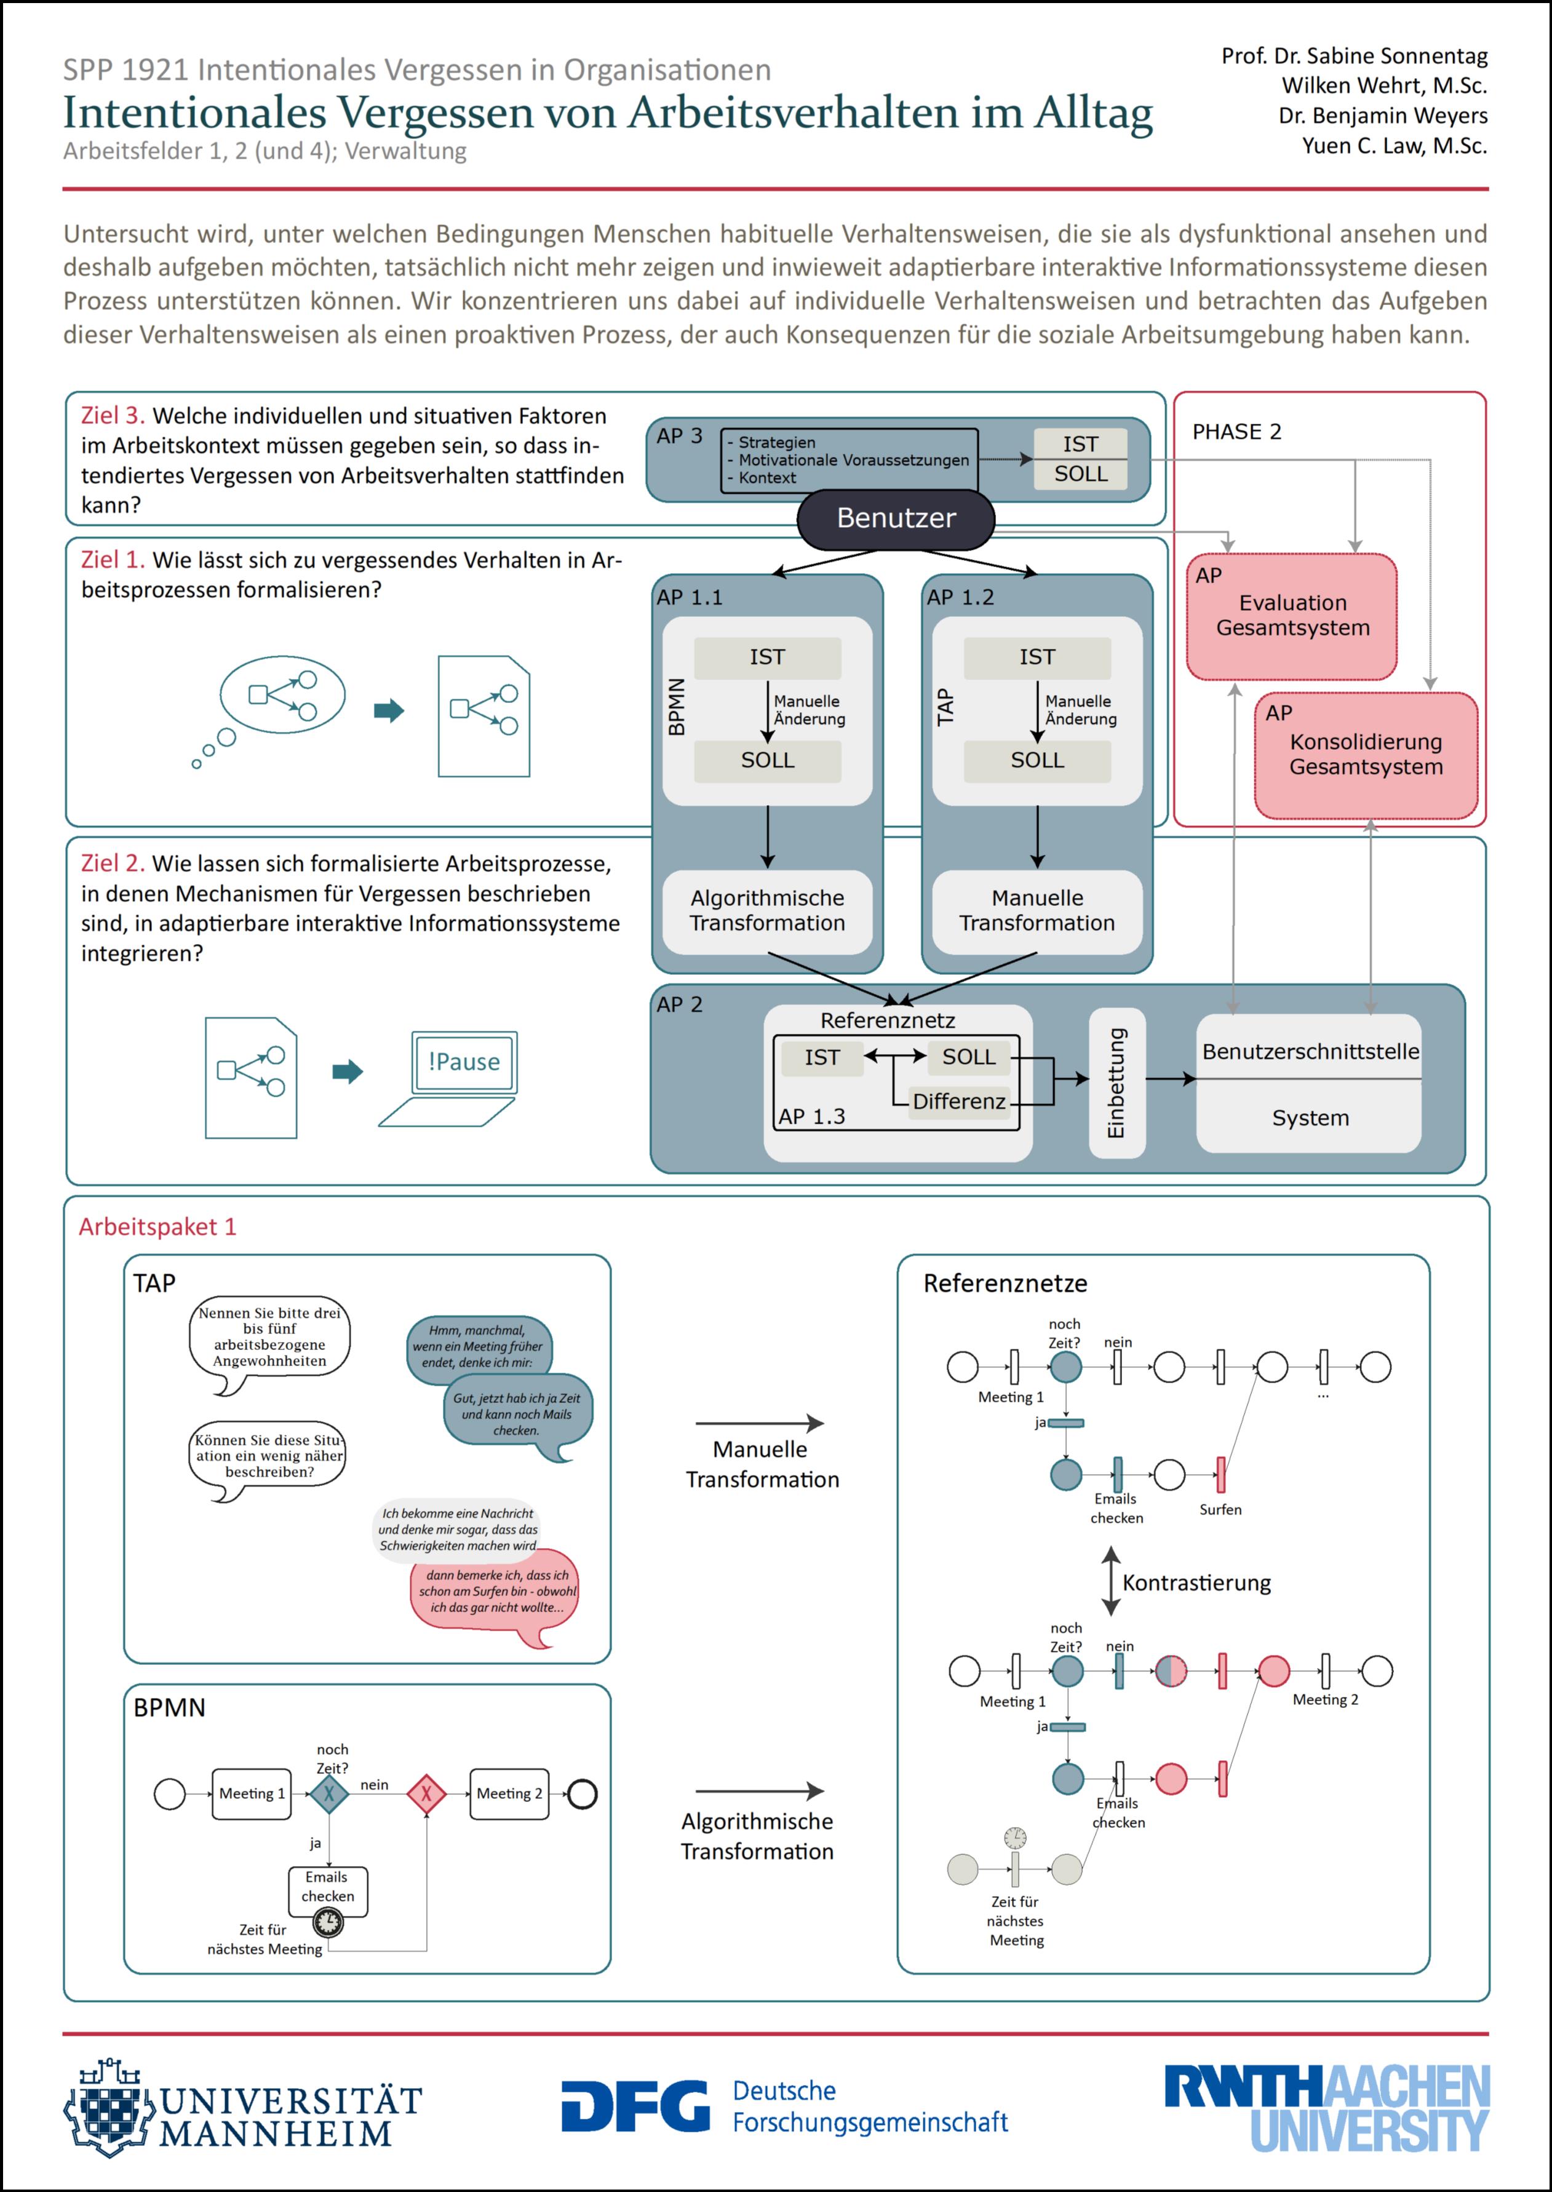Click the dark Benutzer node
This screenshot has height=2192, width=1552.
896,519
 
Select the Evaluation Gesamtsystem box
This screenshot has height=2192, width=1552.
1291,616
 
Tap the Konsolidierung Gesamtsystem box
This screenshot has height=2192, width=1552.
1366,755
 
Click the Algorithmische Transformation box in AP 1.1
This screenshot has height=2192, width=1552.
768,911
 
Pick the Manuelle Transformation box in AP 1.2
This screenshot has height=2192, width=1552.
1037,911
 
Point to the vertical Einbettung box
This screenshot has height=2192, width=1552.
1116,1082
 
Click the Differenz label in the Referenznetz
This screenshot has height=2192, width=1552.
958,1102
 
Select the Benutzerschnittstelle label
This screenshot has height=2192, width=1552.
1310,1051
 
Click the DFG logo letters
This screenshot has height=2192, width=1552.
635,2106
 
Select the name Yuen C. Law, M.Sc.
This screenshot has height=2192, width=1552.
1395,145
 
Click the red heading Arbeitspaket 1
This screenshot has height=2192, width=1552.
157,1227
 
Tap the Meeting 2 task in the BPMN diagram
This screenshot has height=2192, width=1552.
509,1793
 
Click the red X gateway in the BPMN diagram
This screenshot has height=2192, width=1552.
426,1793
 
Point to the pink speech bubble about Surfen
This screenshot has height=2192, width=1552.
495,1593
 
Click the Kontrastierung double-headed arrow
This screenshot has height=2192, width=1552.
1110,1581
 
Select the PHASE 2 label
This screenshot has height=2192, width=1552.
1236,432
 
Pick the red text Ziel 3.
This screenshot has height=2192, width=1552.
113,416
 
